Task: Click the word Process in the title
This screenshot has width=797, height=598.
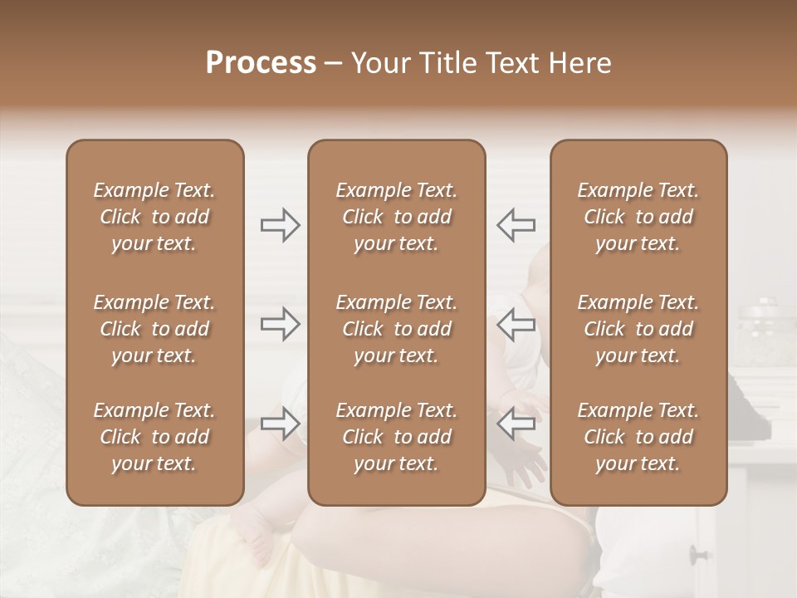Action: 261,63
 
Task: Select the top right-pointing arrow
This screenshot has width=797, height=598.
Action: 281,224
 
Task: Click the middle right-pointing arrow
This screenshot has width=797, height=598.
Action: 281,324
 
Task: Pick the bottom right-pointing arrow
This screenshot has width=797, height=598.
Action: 281,424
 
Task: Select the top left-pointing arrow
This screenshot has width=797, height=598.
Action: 516,224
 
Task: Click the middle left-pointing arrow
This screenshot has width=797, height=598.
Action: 516,324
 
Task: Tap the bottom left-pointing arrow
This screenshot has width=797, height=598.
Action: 516,424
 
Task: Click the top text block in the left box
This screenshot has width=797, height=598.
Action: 154,217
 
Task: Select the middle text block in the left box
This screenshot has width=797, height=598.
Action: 154,329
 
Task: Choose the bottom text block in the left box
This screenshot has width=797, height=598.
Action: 154,437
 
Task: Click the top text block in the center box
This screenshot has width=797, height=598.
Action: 396,217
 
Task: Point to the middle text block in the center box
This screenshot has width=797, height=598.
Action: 396,329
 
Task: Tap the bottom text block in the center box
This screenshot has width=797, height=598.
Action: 396,437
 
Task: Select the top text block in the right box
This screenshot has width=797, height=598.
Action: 638,217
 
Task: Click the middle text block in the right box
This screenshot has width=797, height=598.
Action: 638,329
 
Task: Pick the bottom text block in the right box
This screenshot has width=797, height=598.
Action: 638,437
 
